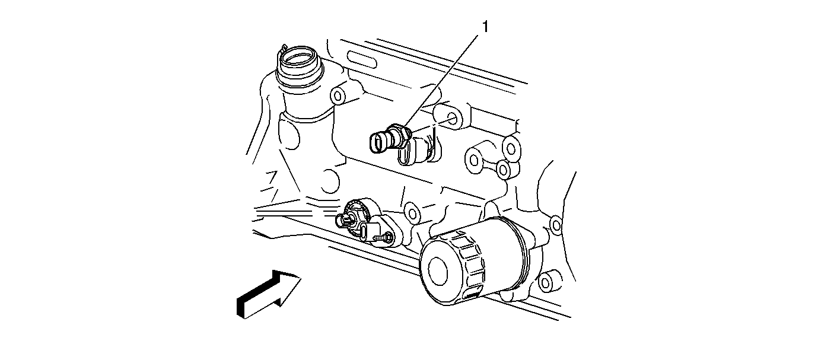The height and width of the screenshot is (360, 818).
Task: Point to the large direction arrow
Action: (268, 294)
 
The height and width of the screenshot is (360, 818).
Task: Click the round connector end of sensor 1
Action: (377, 143)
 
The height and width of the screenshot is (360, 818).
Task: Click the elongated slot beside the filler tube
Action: (361, 60)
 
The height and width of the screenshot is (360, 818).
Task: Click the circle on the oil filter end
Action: (438, 270)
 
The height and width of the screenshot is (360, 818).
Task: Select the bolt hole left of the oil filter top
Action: (412, 212)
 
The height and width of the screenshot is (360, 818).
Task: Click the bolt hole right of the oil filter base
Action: (545, 282)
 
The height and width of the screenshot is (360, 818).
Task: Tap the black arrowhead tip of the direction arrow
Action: (301, 278)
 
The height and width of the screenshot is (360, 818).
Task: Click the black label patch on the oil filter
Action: (473, 295)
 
